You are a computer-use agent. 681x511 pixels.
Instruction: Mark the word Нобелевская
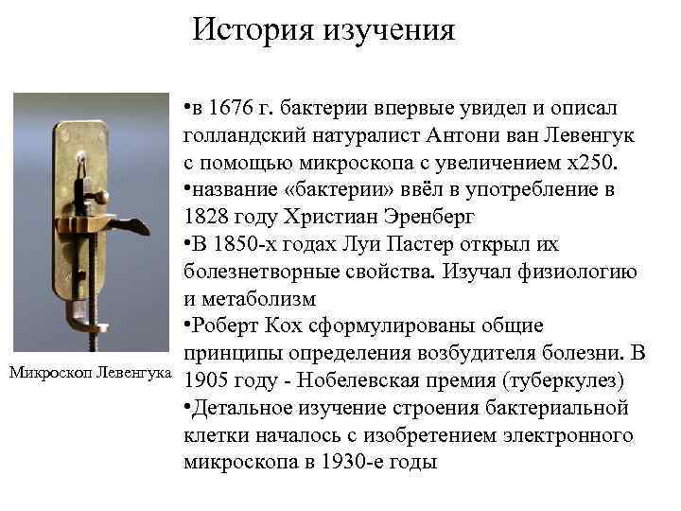point(367,381)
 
